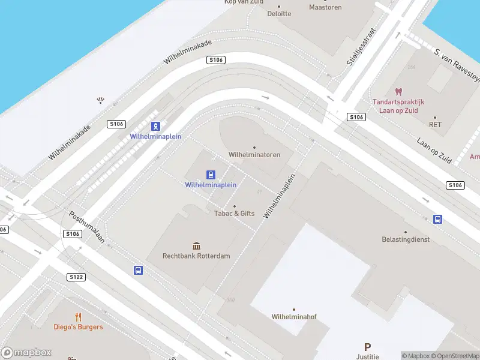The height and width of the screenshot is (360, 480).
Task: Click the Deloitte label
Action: (279, 13)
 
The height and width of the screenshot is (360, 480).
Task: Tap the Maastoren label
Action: (325, 7)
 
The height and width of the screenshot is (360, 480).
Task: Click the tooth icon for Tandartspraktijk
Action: (397, 92)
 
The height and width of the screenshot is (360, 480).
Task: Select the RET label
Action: (435, 125)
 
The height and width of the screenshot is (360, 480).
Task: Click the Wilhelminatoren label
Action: (254, 154)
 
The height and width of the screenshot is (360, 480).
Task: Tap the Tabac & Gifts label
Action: (235, 213)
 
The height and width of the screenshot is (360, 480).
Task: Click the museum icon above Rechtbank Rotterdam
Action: (196, 246)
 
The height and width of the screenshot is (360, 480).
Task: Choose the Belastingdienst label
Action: (406, 239)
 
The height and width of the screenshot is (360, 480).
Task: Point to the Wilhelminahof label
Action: (293, 316)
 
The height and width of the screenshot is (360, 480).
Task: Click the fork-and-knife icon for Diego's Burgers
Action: (78, 317)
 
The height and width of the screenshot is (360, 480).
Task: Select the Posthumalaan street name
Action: (87, 227)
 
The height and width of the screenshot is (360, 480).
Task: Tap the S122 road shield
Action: (76, 277)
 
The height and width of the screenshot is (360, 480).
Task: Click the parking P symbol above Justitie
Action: (368, 347)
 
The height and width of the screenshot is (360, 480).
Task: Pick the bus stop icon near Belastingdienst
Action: (438, 220)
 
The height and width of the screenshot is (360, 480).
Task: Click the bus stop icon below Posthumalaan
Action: (138, 271)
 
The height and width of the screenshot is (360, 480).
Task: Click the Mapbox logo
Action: (27, 353)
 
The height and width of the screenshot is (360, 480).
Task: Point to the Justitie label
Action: (368, 357)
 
